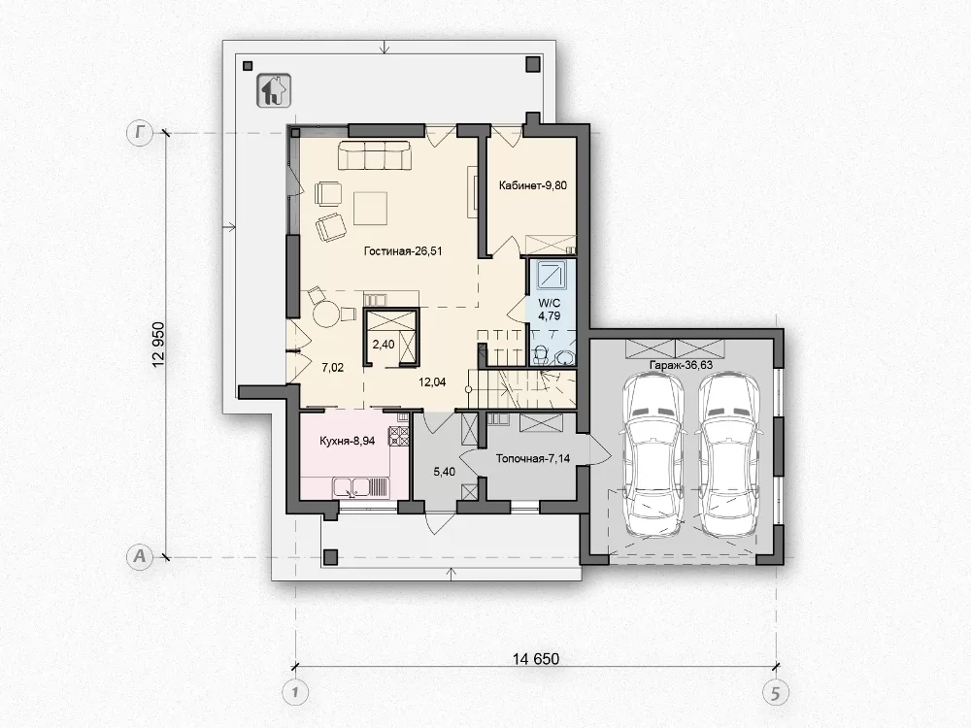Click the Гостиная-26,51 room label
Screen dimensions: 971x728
[403, 251]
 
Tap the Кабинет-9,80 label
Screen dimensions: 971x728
[532, 185]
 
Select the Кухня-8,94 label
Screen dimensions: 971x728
[347, 442]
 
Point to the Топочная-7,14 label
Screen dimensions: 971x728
[532, 459]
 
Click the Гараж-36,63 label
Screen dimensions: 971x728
[681, 365]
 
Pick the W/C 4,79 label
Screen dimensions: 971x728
[550, 310]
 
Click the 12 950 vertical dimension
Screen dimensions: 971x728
[159, 345]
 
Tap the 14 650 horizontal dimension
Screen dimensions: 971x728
[536, 659]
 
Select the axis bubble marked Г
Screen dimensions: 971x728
[140, 132]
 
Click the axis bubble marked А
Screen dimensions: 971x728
[140, 556]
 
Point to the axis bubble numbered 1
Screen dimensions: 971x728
[295, 693]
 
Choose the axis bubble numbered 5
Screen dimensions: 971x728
[775, 693]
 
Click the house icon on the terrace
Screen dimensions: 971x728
[273, 91]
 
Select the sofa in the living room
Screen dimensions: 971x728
[374, 154]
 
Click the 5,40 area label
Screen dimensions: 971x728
[444, 472]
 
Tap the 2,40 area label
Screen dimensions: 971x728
[384, 345]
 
